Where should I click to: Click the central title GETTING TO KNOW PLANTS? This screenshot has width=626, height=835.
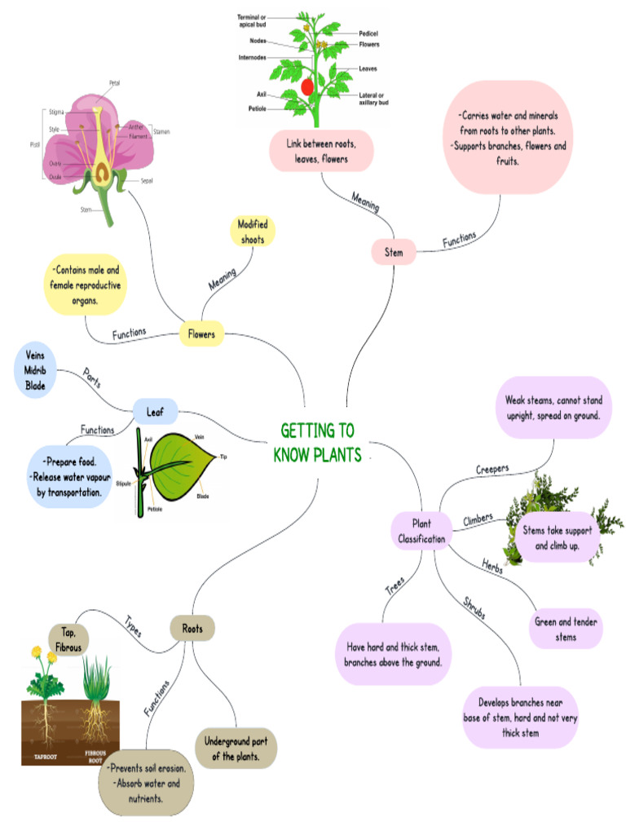click(317, 443)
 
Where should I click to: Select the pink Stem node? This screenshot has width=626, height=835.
click(394, 253)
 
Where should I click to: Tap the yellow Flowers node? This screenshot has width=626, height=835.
click(201, 334)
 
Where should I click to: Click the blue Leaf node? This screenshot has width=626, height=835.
click(155, 413)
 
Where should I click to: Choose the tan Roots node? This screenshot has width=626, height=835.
click(192, 629)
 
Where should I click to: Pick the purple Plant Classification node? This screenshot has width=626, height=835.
click(421, 531)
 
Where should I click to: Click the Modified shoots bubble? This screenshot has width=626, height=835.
click(253, 232)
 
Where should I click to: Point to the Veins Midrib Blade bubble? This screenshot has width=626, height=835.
click(35, 370)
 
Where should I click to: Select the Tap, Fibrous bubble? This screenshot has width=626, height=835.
click(68, 639)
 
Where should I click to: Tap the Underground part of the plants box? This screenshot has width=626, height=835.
click(236, 749)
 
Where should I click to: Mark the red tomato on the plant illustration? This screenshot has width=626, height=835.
click(307, 86)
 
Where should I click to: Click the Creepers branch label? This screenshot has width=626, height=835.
click(492, 470)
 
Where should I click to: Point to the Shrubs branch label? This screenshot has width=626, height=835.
click(474, 609)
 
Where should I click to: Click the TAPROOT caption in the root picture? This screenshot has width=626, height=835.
click(45, 756)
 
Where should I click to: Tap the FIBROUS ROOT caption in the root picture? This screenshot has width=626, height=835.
click(95, 756)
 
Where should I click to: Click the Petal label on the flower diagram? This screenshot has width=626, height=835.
click(115, 82)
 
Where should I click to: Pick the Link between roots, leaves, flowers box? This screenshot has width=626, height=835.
click(322, 152)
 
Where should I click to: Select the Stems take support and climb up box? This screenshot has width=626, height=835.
click(557, 537)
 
